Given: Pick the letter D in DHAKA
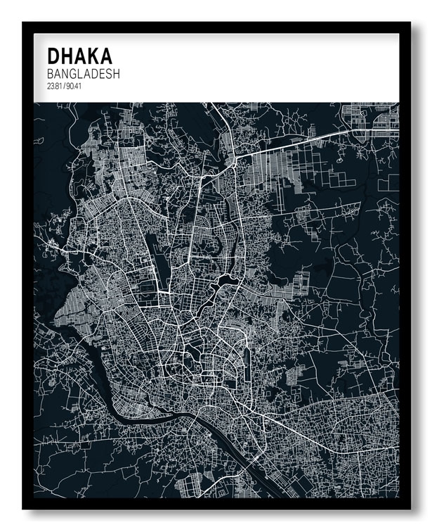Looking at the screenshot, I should [x=54, y=56].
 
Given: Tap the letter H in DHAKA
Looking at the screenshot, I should [x=68, y=56].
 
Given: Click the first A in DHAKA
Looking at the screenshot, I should [x=81, y=56].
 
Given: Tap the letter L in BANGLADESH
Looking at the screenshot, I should [x=82, y=74].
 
